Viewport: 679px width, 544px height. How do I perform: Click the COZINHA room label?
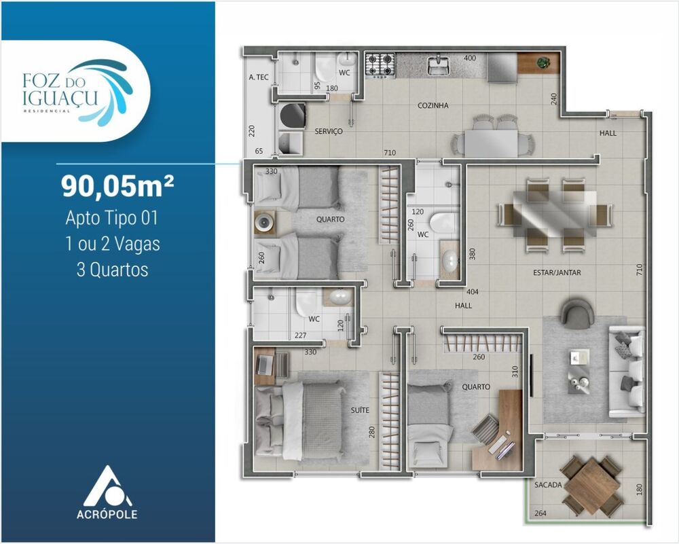(x=433, y=106)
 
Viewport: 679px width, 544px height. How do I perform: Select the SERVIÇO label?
(x=328, y=132)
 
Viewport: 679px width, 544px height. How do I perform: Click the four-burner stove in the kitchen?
(x=380, y=65)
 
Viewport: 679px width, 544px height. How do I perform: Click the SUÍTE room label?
(x=360, y=410)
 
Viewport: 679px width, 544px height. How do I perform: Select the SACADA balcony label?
(x=547, y=485)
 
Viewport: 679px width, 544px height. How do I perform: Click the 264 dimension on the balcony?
(x=540, y=513)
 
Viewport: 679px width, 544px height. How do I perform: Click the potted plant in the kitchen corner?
(x=543, y=63)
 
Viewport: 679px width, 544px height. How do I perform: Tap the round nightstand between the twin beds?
(x=264, y=221)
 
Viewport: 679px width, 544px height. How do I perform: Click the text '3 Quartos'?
(x=113, y=270)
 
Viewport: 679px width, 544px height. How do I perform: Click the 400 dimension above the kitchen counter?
(x=469, y=58)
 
